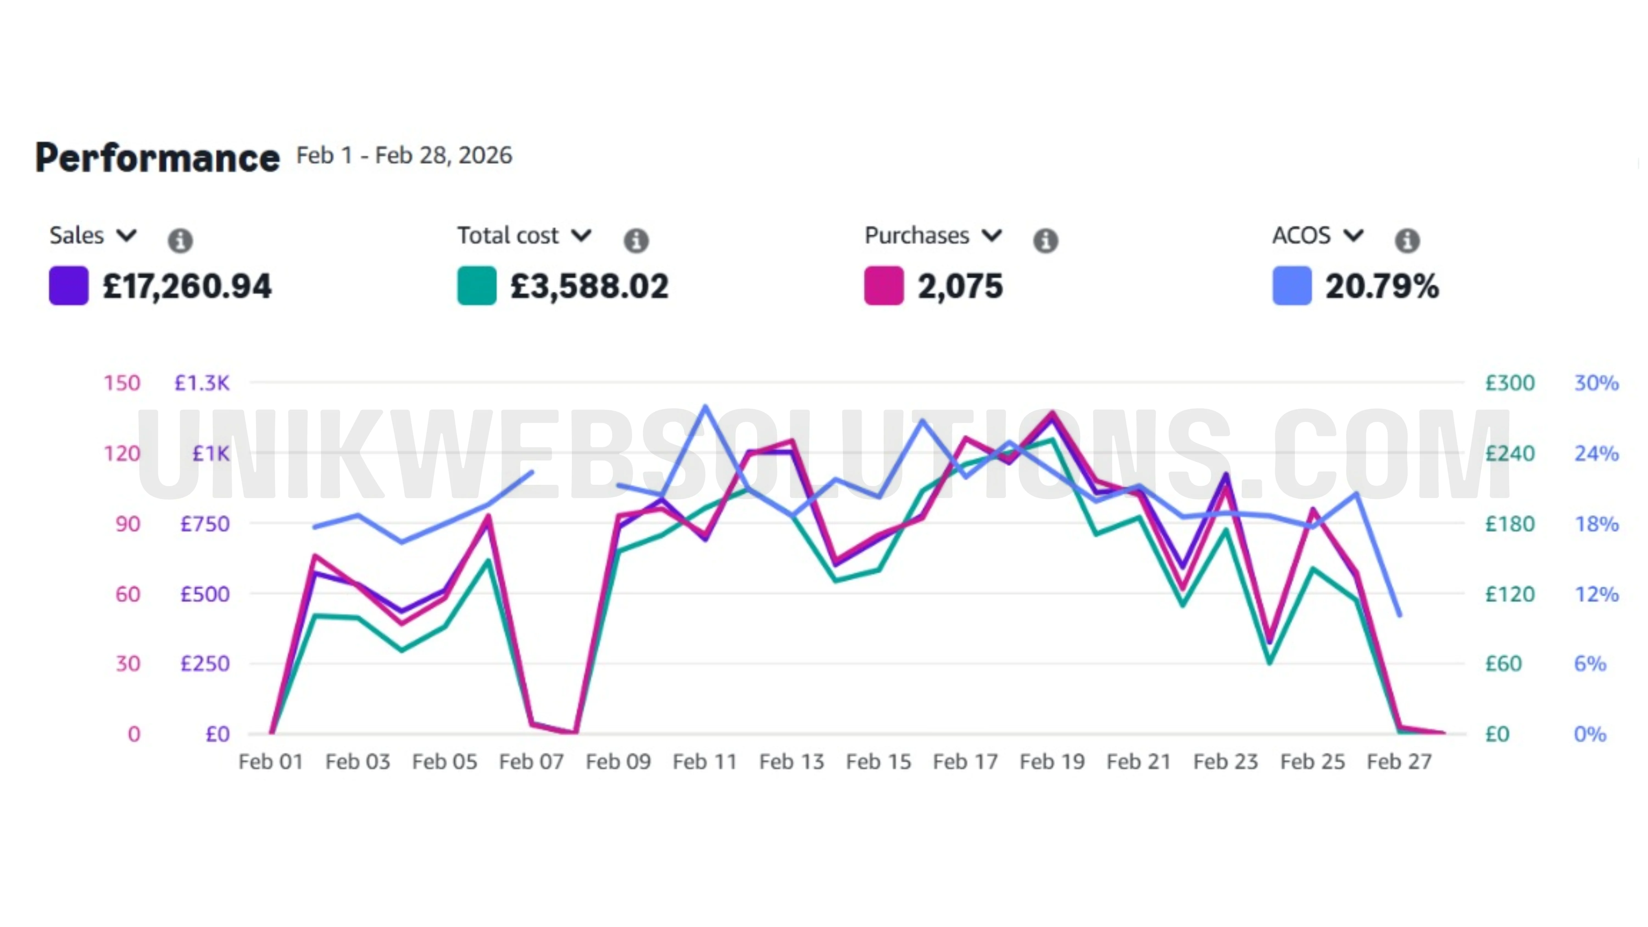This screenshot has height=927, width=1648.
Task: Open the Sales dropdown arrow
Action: click(127, 235)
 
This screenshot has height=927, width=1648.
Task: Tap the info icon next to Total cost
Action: click(636, 241)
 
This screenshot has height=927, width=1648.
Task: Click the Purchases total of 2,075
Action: click(960, 286)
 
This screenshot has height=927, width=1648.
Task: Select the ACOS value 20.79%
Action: click(1382, 286)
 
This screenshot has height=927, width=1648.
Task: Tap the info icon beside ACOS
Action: click(1407, 241)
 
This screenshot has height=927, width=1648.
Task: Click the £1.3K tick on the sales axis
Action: click(202, 383)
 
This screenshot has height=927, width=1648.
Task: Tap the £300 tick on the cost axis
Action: click(1510, 383)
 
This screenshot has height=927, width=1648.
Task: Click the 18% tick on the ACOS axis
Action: click(1596, 524)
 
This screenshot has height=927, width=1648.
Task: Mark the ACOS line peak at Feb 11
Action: click(705, 406)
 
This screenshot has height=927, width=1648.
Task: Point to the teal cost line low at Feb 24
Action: click(1269, 662)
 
